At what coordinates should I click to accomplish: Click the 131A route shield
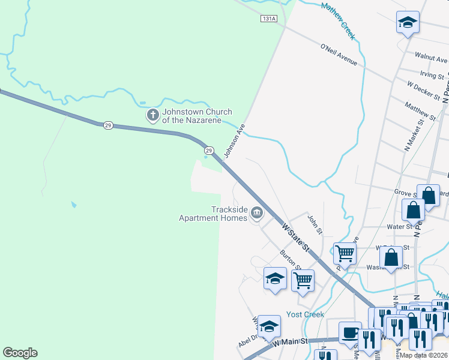pyautogui.click(x=269, y=19)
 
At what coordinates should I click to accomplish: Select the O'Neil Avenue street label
pyautogui.click(x=339, y=54)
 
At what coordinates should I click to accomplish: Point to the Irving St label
pyautogui.click(x=432, y=75)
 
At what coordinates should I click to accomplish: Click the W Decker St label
pyautogui.click(x=424, y=91)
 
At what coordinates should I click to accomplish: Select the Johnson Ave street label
pyautogui.click(x=235, y=141)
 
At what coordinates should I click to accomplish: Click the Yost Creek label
pyautogui.click(x=305, y=314)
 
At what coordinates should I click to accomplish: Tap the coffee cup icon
pyautogui.click(x=349, y=332)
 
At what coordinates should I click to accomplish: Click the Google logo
pyautogui.click(x=20, y=353)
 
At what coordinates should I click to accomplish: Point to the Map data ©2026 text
pyautogui.click(x=423, y=355)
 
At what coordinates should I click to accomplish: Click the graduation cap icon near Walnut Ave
pyautogui.click(x=408, y=23)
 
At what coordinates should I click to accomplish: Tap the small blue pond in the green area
pyautogui.click(x=73, y=205)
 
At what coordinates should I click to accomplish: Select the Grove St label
pyautogui.click(x=405, y=193)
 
